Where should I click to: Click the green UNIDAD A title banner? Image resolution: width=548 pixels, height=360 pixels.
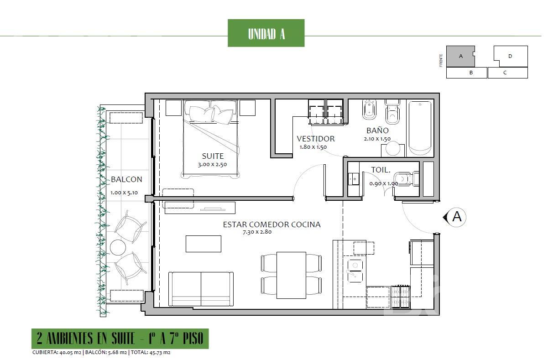pyautogui.click(x=266, y=33)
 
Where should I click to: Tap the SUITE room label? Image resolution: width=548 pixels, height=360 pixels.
pyautogui.click(x=213, y=156)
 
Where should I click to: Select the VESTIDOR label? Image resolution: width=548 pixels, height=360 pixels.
pyautogui.click(x=316, y=139)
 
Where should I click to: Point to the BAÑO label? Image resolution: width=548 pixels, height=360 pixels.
pyautogui.click(x=377, y=130)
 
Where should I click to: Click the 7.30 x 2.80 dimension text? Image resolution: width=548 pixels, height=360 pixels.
pyautogui.click(x=257, y=232)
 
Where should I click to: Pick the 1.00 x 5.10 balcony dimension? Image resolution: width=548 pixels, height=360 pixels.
pyautogui.click(x=124, y=193)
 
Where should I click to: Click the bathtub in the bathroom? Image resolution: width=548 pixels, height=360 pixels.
pyautogui.click(x=420, y=128)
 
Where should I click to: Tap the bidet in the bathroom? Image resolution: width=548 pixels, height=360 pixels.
pyautogui.click(x=369, y=110)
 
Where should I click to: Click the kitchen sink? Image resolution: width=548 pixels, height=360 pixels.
pyautogui.click(x=355, y=271)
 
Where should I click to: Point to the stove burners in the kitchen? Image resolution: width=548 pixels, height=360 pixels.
pyautogui.click(x=400, y=297)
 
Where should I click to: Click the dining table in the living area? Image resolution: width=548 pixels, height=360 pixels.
pyautogui.click(x=291, y=275)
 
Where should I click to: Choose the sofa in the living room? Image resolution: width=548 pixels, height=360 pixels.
pyautogui.click(x=201, y=289)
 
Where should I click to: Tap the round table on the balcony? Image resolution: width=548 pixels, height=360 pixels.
pyautogui.click(x=118, y=247)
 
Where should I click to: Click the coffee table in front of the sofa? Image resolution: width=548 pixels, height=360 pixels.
pyautogui.click(x=204, y=244)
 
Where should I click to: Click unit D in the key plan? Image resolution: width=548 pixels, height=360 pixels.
pyautogui.click(x=510, y=56)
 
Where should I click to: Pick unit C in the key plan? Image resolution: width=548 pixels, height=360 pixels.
pyautogui.click(x=508, y=73)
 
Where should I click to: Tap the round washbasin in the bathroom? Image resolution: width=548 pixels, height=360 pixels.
pyautogui.click(x=393, y=148)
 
